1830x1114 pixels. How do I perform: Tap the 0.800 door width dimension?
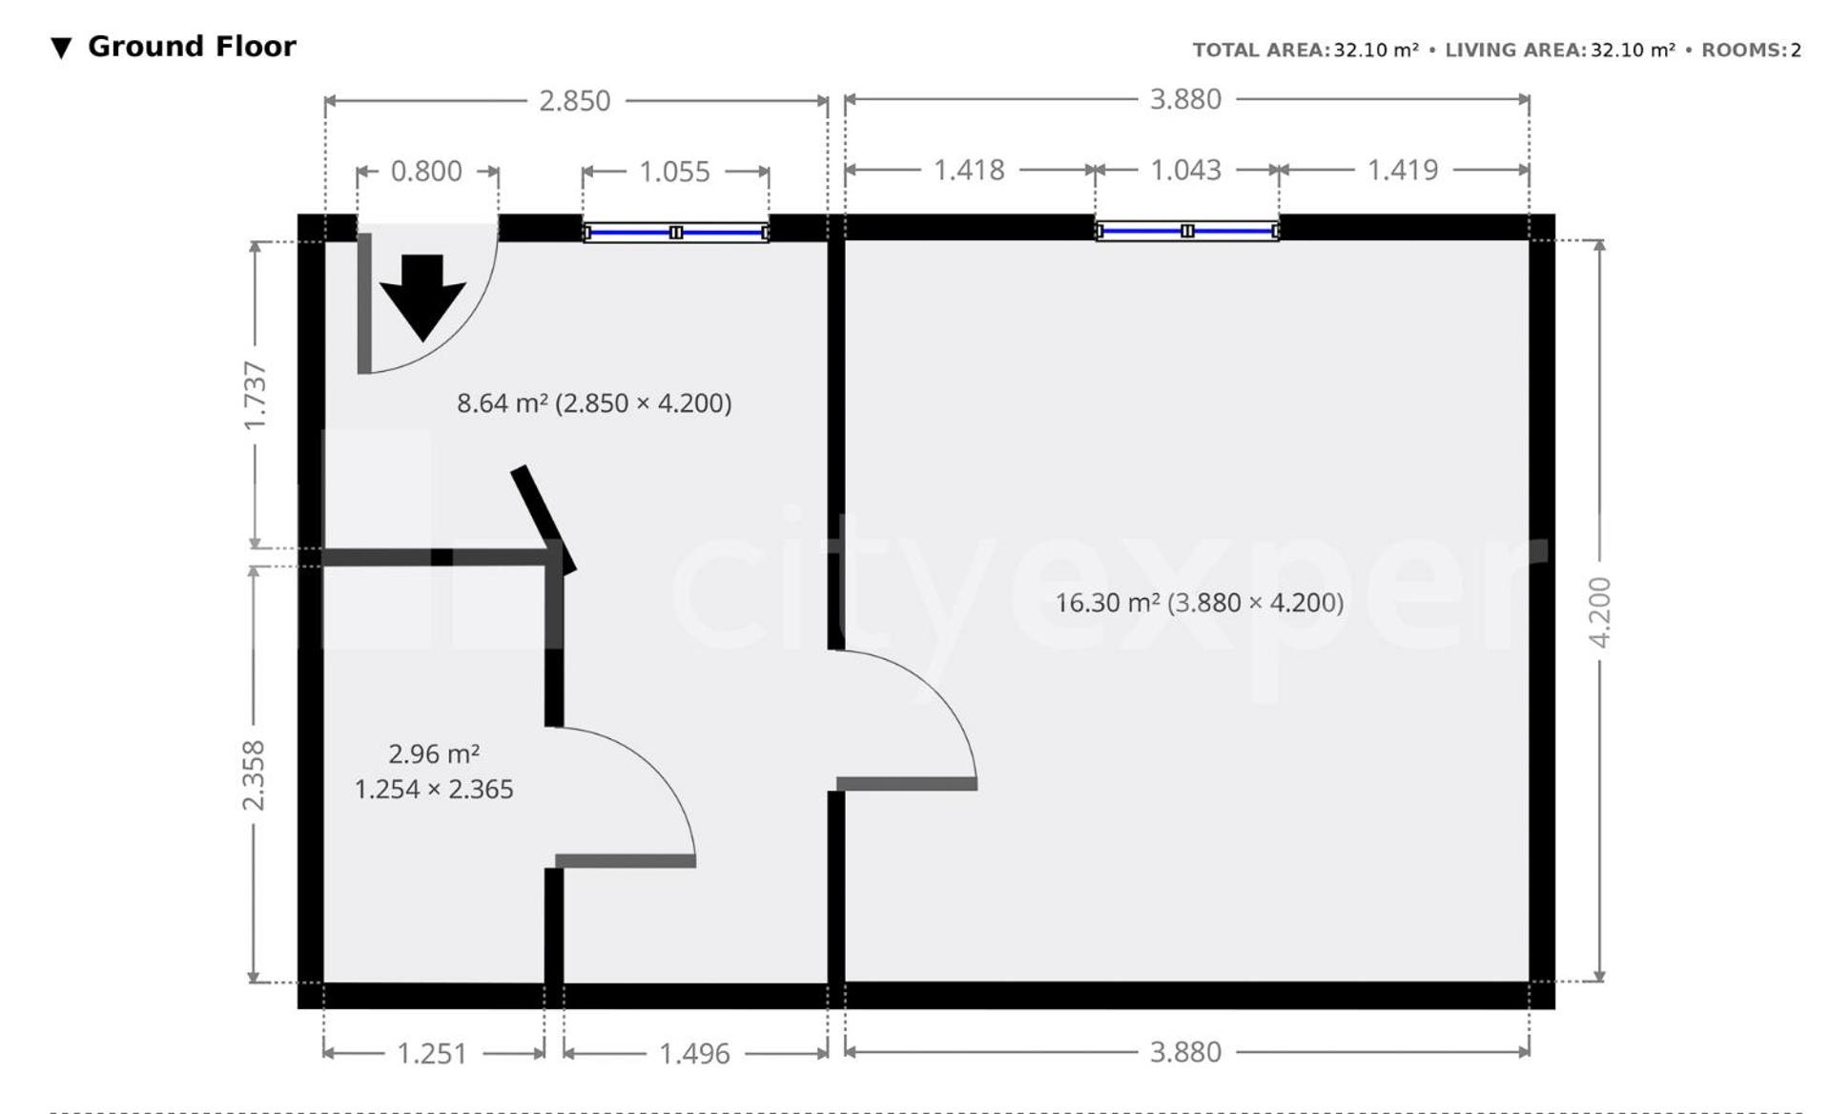coord(426,172)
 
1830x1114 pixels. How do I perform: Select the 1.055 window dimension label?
coord(674,173)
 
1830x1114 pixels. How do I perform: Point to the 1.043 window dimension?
coord(1185,170)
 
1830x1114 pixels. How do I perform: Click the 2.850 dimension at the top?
coord(574,101)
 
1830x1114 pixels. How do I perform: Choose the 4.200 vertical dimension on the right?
coord(1599,612)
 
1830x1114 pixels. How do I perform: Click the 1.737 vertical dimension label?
coord(255,396)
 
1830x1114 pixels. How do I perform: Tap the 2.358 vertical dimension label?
coord(253,775)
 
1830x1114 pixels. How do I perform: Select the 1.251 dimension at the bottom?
coord(431,1054)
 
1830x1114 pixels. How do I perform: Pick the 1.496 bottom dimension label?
coord(694,1054)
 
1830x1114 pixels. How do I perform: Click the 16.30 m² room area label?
coord(1199,603)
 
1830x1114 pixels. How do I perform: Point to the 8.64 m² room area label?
coord(594,403)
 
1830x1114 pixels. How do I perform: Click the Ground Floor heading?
coord(192,47)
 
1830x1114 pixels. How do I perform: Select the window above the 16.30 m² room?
coord(1187,231)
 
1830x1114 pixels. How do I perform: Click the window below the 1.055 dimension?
coord(676,233)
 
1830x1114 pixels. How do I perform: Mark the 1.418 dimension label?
coord(969,170)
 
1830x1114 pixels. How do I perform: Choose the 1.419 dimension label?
coord(1403,170)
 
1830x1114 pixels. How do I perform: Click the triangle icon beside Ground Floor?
coord(61,48)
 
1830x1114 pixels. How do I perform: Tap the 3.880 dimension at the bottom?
coord(1185,1052)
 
